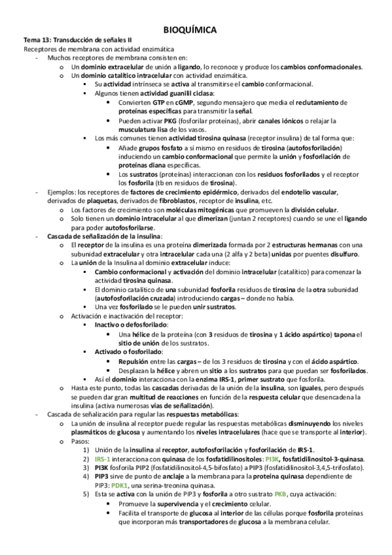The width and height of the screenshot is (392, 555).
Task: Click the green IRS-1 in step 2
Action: [105, 460]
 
